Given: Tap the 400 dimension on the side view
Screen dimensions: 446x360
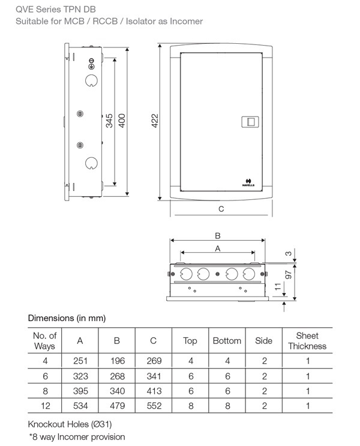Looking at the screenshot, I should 122,122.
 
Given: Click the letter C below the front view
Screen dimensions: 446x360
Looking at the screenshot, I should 221,209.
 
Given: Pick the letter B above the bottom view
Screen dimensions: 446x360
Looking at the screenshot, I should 218,235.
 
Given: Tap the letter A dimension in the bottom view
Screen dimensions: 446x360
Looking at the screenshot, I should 218,247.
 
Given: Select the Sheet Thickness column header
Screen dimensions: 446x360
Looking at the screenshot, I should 307,341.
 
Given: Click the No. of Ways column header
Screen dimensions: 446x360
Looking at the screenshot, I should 45,341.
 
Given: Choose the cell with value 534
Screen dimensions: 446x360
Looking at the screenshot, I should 80,406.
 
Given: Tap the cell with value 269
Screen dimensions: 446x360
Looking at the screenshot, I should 154,361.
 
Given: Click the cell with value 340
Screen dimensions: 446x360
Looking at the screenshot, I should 117,391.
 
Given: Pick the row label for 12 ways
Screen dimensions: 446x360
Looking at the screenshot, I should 45,406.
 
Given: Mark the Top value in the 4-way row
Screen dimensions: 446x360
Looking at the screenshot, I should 190,361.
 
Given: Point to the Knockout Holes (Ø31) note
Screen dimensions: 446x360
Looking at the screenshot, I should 66,424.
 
